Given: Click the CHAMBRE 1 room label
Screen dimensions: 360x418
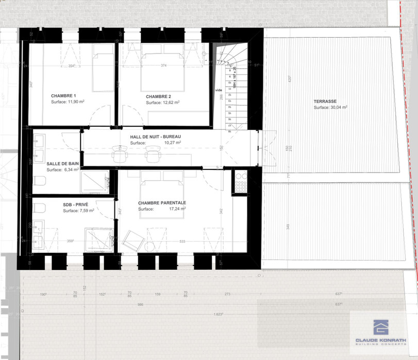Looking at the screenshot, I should click(63, 96).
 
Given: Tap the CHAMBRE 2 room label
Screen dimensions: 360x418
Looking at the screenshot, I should click(158, 96).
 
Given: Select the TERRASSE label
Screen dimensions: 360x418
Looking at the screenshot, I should click(326, 101).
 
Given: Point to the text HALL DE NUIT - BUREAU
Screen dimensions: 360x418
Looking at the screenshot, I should click(156, 136).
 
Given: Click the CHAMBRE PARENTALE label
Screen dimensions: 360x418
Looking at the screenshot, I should click(162, 203).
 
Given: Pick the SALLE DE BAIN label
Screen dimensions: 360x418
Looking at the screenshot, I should click(62, 163).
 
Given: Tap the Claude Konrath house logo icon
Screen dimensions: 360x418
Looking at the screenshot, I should click(381, 327).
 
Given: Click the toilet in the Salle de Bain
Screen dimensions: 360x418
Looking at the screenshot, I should click(40, 180).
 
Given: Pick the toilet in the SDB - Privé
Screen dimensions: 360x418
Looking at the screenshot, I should click(39, 208).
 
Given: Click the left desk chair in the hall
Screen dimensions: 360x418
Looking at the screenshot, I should click(120, 154).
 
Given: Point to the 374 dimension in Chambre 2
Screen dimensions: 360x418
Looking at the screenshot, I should click(164, 65).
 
